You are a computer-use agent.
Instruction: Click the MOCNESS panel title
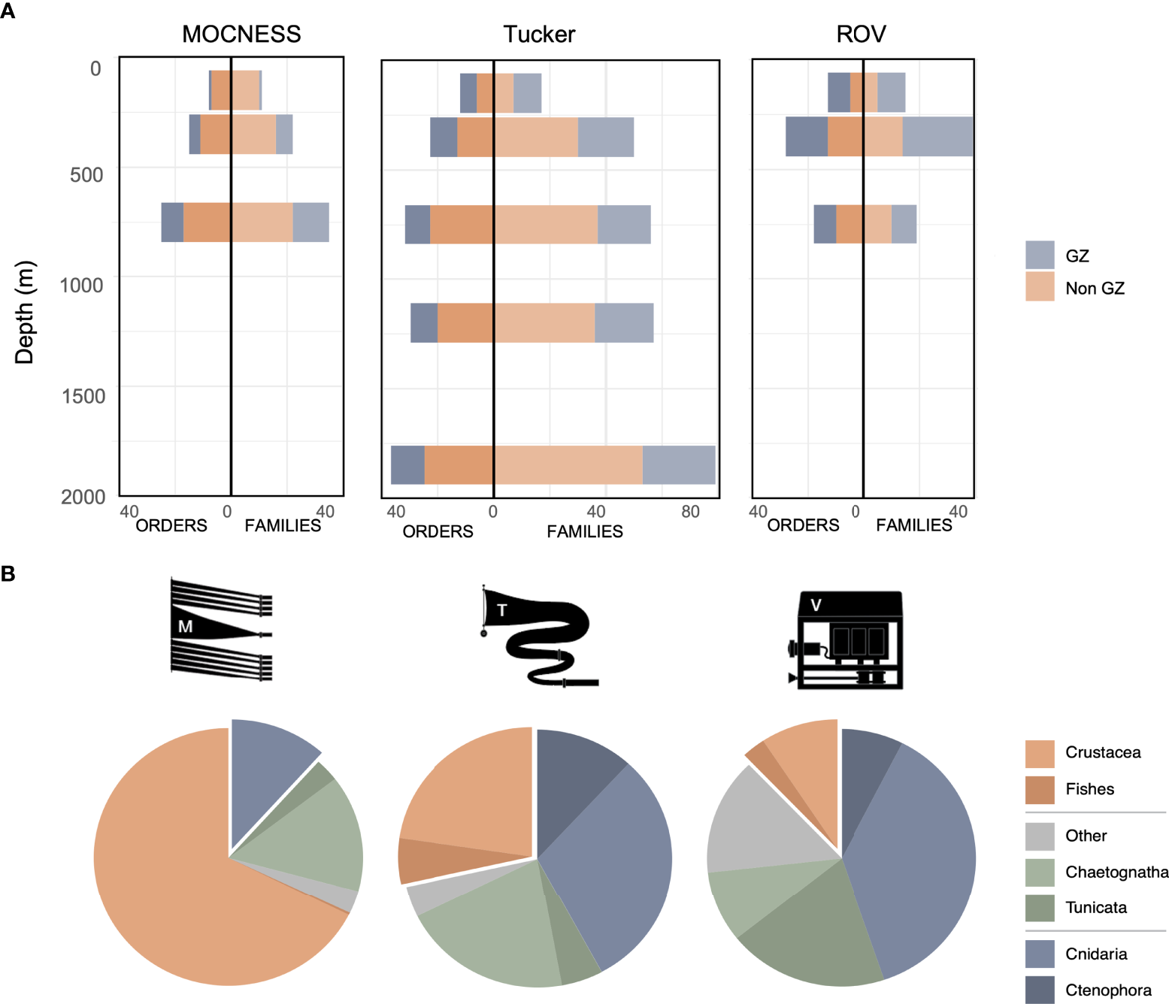(241, 34)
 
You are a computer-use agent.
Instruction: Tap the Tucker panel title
(539, 34)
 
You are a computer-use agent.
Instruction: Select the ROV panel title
(861, 34)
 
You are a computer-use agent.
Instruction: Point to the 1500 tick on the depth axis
(83, 396)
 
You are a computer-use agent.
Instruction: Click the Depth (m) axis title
(25, 313)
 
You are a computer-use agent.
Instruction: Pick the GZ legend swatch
(1040, 256)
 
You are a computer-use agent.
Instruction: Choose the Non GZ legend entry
(1095, 289)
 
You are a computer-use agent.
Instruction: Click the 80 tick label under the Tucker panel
(690, 512)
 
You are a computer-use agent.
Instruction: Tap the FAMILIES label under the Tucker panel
(585, 531)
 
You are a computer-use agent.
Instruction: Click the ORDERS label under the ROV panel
(803, 525)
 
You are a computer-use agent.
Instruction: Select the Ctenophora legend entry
(1108, 990)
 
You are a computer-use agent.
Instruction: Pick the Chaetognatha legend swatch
(1040, 872)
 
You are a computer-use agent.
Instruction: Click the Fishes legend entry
(1089, 789)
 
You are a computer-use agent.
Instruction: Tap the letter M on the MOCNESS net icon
(186, 626)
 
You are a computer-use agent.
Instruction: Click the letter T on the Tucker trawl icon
(502, 610)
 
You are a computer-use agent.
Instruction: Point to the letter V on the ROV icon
(816, 605)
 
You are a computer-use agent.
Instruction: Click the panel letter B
(8, 573)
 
